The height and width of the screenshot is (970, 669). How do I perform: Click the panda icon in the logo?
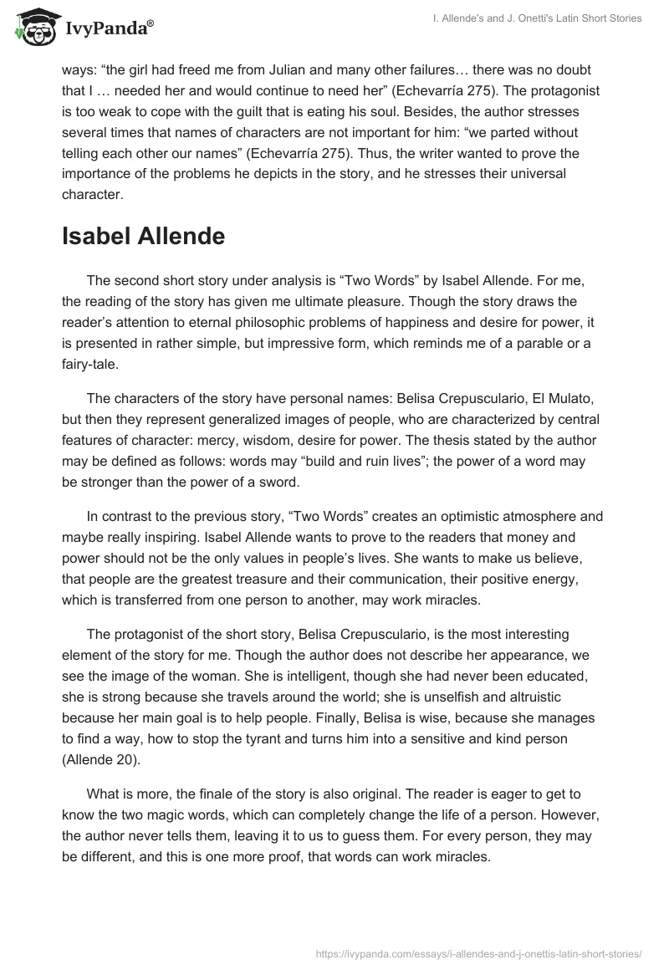33,28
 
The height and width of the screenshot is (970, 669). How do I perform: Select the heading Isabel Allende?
143,236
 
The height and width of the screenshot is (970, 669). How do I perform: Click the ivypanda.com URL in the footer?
479,952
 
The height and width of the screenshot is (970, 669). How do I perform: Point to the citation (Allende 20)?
107,760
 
